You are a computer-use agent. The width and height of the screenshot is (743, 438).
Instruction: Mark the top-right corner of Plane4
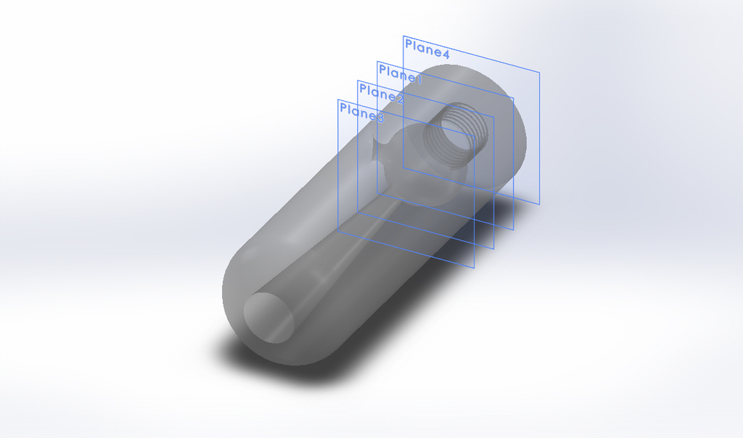(540, 72)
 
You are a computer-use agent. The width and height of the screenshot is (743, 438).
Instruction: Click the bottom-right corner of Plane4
(540, 203)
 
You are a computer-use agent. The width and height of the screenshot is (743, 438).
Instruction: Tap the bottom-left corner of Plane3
(338, 232)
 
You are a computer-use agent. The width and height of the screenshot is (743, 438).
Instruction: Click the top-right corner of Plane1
(514, 97)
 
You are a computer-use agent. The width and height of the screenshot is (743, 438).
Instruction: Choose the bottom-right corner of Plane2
(494, 248)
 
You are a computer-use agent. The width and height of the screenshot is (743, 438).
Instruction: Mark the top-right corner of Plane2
(494, 117)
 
